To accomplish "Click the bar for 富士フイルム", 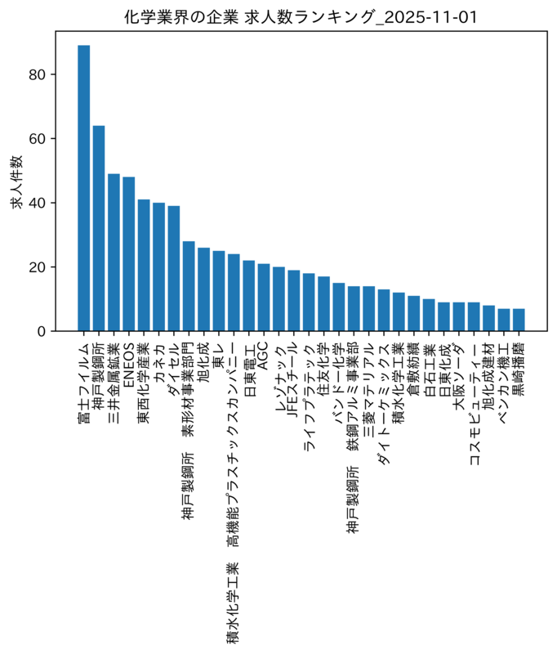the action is (x=84, y=188).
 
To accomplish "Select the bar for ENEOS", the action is (x=129, y=254).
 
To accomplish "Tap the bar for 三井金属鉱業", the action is (x=114, y=253).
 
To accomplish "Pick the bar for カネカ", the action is (x=158, y=267).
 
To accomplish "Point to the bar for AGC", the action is (x=264, y=298).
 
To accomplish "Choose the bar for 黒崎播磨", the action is (x=519, y=320).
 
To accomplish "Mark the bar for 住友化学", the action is (x=323, y=303).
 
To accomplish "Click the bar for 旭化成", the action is (x=203, y=289).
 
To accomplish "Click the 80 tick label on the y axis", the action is (x=37, y=74).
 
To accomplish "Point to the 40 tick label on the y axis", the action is (x=37, y=203).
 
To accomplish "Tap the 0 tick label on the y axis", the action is (x=41, y=332).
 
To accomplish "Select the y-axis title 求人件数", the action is (x=17, y=181).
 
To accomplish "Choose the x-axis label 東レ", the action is (x=218, y=355).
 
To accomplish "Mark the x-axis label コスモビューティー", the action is (x=475, y=403).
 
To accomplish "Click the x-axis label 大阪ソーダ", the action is (x=459, y=375).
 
